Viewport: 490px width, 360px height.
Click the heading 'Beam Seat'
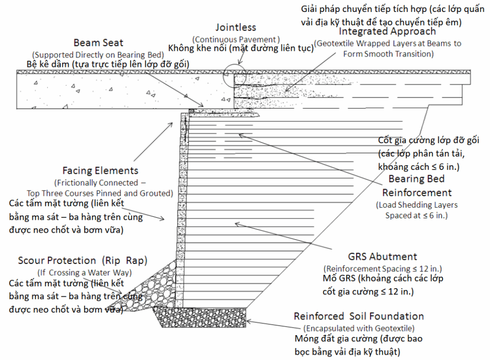point(99,43)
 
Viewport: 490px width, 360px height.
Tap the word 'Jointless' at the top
point(236,27)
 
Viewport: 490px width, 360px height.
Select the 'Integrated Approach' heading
point(387,31)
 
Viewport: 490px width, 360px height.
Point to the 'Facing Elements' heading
point(100,170)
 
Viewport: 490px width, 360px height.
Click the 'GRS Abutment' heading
point(382,257)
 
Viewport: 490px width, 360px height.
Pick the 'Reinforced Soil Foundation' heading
point(359,316)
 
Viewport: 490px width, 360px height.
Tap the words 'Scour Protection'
point(57,260)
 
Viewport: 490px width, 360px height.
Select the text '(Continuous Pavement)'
point(236,40)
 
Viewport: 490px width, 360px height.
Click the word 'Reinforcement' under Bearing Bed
point(417,192)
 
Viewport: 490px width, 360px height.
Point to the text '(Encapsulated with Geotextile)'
point(359,328)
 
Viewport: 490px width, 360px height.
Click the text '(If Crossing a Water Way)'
point(84,273)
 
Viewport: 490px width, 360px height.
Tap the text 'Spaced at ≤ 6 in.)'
point(416,215)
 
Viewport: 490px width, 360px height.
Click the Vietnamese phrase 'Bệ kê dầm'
point(50,64)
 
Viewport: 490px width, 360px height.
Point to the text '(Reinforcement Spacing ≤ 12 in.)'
point(382,269)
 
